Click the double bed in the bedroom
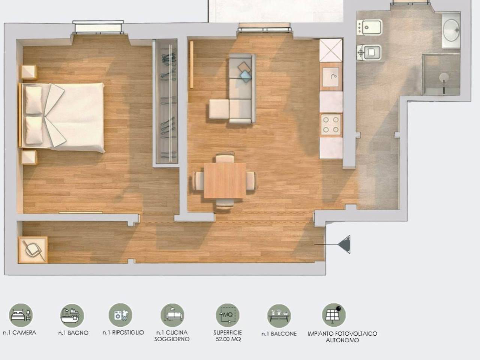[x=61, y=118]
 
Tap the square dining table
[x=225, y=180]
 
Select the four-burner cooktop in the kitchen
[x=331, y=125]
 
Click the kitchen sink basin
[x=331, y=77]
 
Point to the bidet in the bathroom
[x=369, y=27]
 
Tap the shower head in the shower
[x=444, y=77]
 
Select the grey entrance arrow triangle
[x=344, y=244]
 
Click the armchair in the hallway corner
[x=33, y=250]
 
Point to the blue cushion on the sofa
[x=245, y=76]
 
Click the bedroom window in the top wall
[x=98, y=27]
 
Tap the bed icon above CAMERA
[x=21, y=315]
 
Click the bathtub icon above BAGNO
[x=72, y=316]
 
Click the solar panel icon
[x=334, y=315]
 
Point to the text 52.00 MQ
[x=228, y=339]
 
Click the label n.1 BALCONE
[x=279, y=334]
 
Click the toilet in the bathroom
[x=369, y=52]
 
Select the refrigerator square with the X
[x=331, y=50]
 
